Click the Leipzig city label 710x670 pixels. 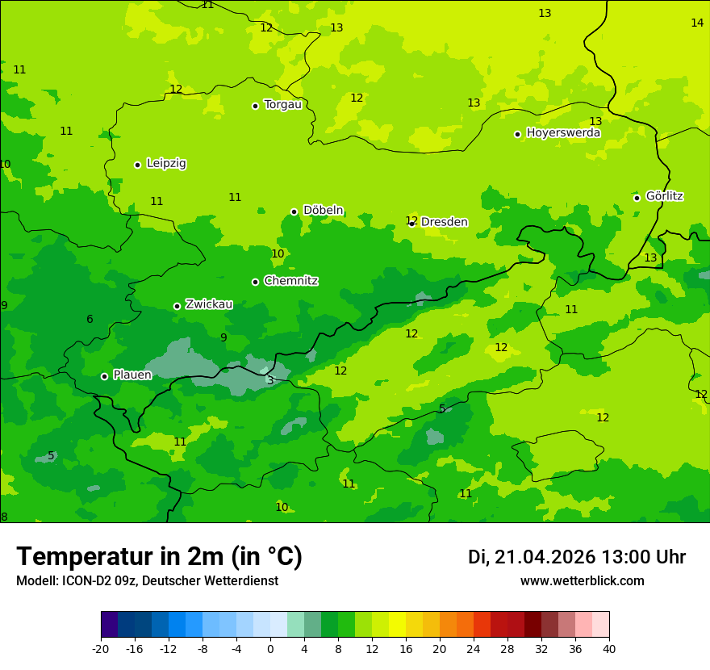[x=166, y=163]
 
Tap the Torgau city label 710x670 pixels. [x=282, y=104]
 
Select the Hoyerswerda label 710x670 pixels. [x=563, y=132]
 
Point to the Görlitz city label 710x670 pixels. [x=664, y=195]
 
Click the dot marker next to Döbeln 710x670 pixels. [x=294, y=211]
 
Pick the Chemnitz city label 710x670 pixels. [x=290, y=281]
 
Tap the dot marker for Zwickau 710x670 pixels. [x=177, y=306]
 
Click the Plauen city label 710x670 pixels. [x=132, y=375]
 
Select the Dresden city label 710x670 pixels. [x=444, y=222]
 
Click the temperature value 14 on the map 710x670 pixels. [x=697, y=23]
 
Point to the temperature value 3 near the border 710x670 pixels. [x=270, y=379]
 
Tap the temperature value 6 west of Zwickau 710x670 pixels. [x=90, y=319]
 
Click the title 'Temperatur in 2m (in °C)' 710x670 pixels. [x=159, y=556]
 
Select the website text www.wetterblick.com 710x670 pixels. [x=582, y=580]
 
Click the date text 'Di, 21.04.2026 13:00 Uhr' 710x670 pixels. [x=576, y=557]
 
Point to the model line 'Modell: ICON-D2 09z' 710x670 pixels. [x=147, y=580]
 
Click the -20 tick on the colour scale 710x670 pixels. [x=101, y=648]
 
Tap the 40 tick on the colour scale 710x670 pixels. [x=609, y=648]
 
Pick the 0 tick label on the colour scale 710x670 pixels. [x=270, y=648]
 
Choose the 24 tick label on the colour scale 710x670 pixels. [x=474, y=648]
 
